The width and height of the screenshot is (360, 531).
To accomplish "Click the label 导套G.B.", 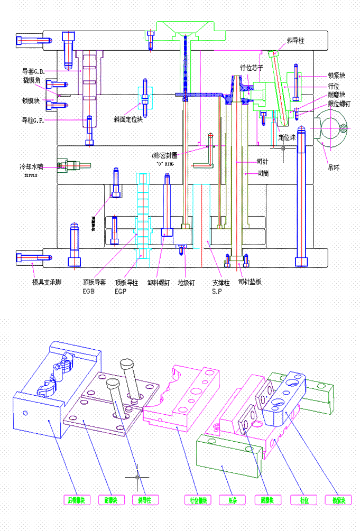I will point(34,71).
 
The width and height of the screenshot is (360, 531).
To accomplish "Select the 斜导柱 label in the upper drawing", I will point(296,40).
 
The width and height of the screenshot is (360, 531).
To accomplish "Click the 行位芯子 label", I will point(252,67).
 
